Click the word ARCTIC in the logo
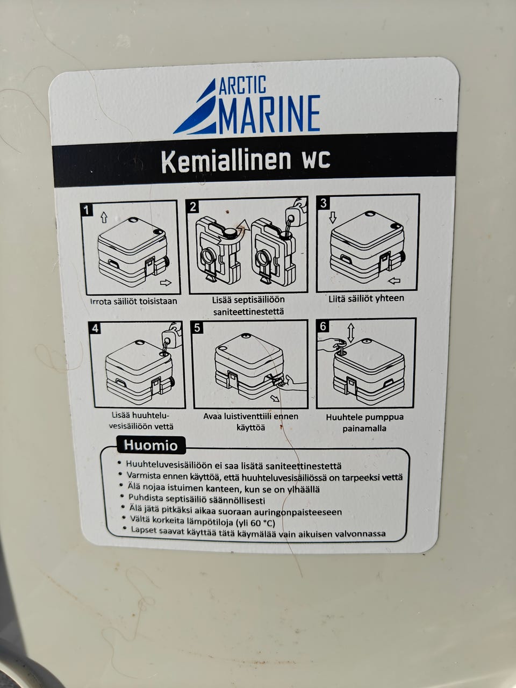[242, 85]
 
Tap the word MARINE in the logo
[269, 114]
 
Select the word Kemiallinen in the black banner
[226, 161]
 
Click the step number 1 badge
[87, 210]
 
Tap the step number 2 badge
[192, 206]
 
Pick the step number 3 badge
[324, 203]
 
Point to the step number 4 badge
[95, 328]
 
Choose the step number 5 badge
[197, 327]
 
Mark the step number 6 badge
[323, 326]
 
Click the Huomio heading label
[151, 446]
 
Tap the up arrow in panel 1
[104, 217]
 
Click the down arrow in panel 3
[333, 217]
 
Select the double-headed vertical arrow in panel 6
[350, 333]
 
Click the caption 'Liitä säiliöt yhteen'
[366, 298]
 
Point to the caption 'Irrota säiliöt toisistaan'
[134, 302]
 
